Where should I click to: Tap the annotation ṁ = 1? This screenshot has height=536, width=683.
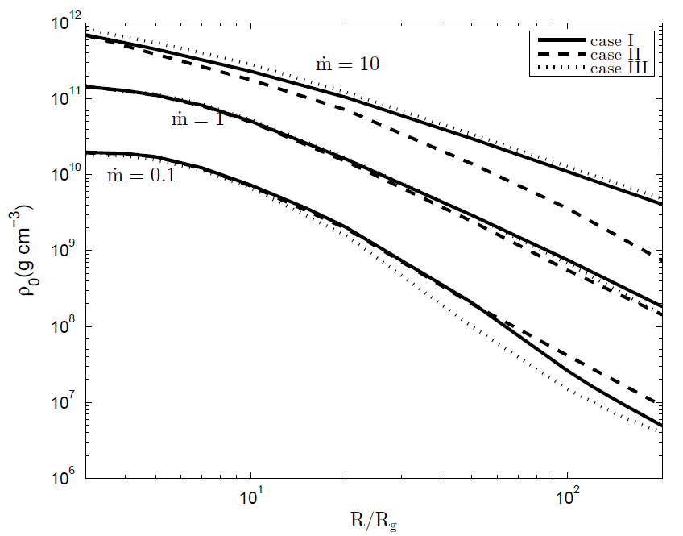[197, 120]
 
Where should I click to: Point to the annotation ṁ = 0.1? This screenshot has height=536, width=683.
[141, 176]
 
